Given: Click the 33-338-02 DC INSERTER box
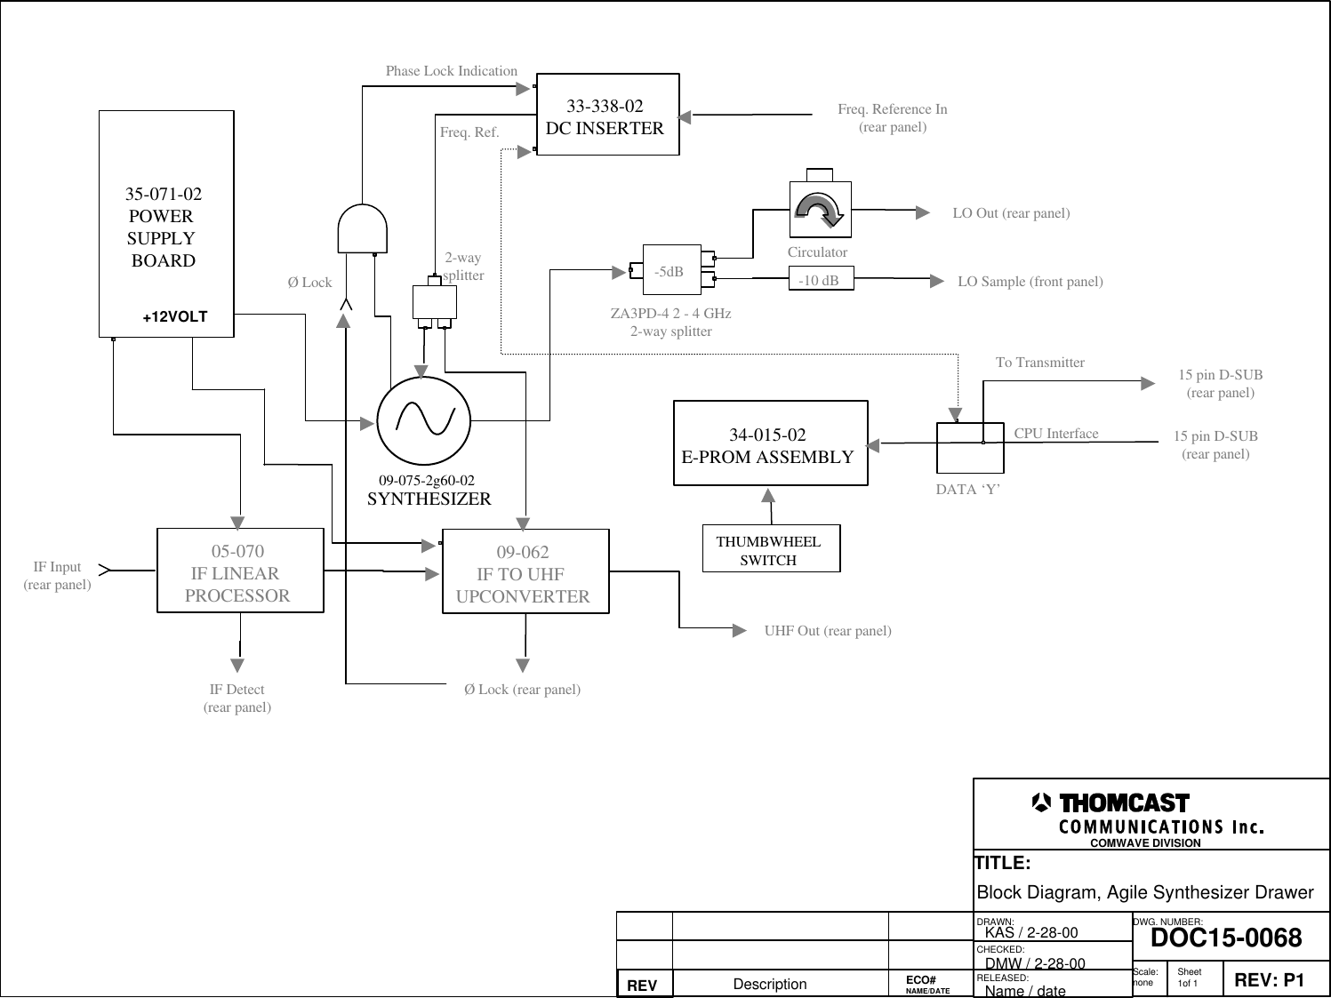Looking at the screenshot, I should point(608,115).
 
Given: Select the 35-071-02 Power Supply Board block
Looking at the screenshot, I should point(166,224).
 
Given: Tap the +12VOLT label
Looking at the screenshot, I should point(175,317).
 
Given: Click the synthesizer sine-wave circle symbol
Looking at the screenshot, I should point(423,420).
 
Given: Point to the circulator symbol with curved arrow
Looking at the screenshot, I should point(820,210).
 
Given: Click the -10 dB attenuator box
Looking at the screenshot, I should point(820,281).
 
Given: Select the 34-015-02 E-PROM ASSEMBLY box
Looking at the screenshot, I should point(770,443).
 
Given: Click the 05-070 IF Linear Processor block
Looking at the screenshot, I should point(240,571).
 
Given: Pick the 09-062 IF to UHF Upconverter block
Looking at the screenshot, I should point(525,572).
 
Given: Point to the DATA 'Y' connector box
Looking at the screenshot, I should point(970,449).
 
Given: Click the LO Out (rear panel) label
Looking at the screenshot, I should point(1011,213).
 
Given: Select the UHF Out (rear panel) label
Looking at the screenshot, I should point(828,631).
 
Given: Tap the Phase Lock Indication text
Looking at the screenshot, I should point(452,71).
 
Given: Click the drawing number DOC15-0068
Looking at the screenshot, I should point(1226,938).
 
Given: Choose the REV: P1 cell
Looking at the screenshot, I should point(1269,980).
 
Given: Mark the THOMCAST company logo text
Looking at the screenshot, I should point(1124,803).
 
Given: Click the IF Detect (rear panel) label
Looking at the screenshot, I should point(237,699).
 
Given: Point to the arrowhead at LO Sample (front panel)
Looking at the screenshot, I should point(936,281).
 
